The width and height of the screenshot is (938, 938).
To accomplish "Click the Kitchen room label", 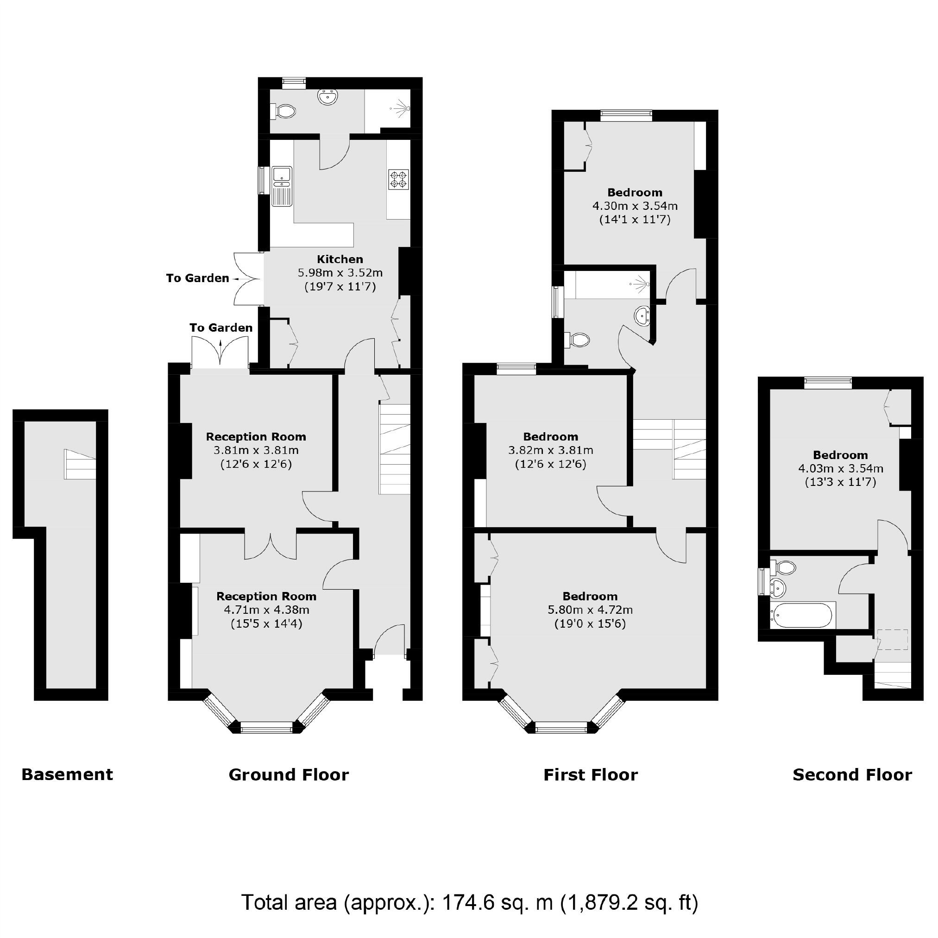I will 340,259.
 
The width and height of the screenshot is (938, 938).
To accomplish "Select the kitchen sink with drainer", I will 282,185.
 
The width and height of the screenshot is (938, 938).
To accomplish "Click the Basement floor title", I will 67,774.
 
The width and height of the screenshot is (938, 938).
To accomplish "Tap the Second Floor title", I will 852,775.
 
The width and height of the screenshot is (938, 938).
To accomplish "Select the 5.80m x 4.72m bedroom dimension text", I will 590,610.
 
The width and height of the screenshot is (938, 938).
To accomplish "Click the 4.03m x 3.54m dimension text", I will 840,469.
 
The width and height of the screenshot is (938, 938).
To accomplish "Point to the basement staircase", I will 80,464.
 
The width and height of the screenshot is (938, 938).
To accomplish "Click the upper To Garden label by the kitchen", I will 197,278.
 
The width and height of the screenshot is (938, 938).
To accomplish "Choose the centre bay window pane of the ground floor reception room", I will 266,727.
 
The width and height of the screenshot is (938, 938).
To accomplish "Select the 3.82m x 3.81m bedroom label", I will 550,451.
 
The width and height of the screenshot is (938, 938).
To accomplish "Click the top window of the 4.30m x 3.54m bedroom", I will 626,115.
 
